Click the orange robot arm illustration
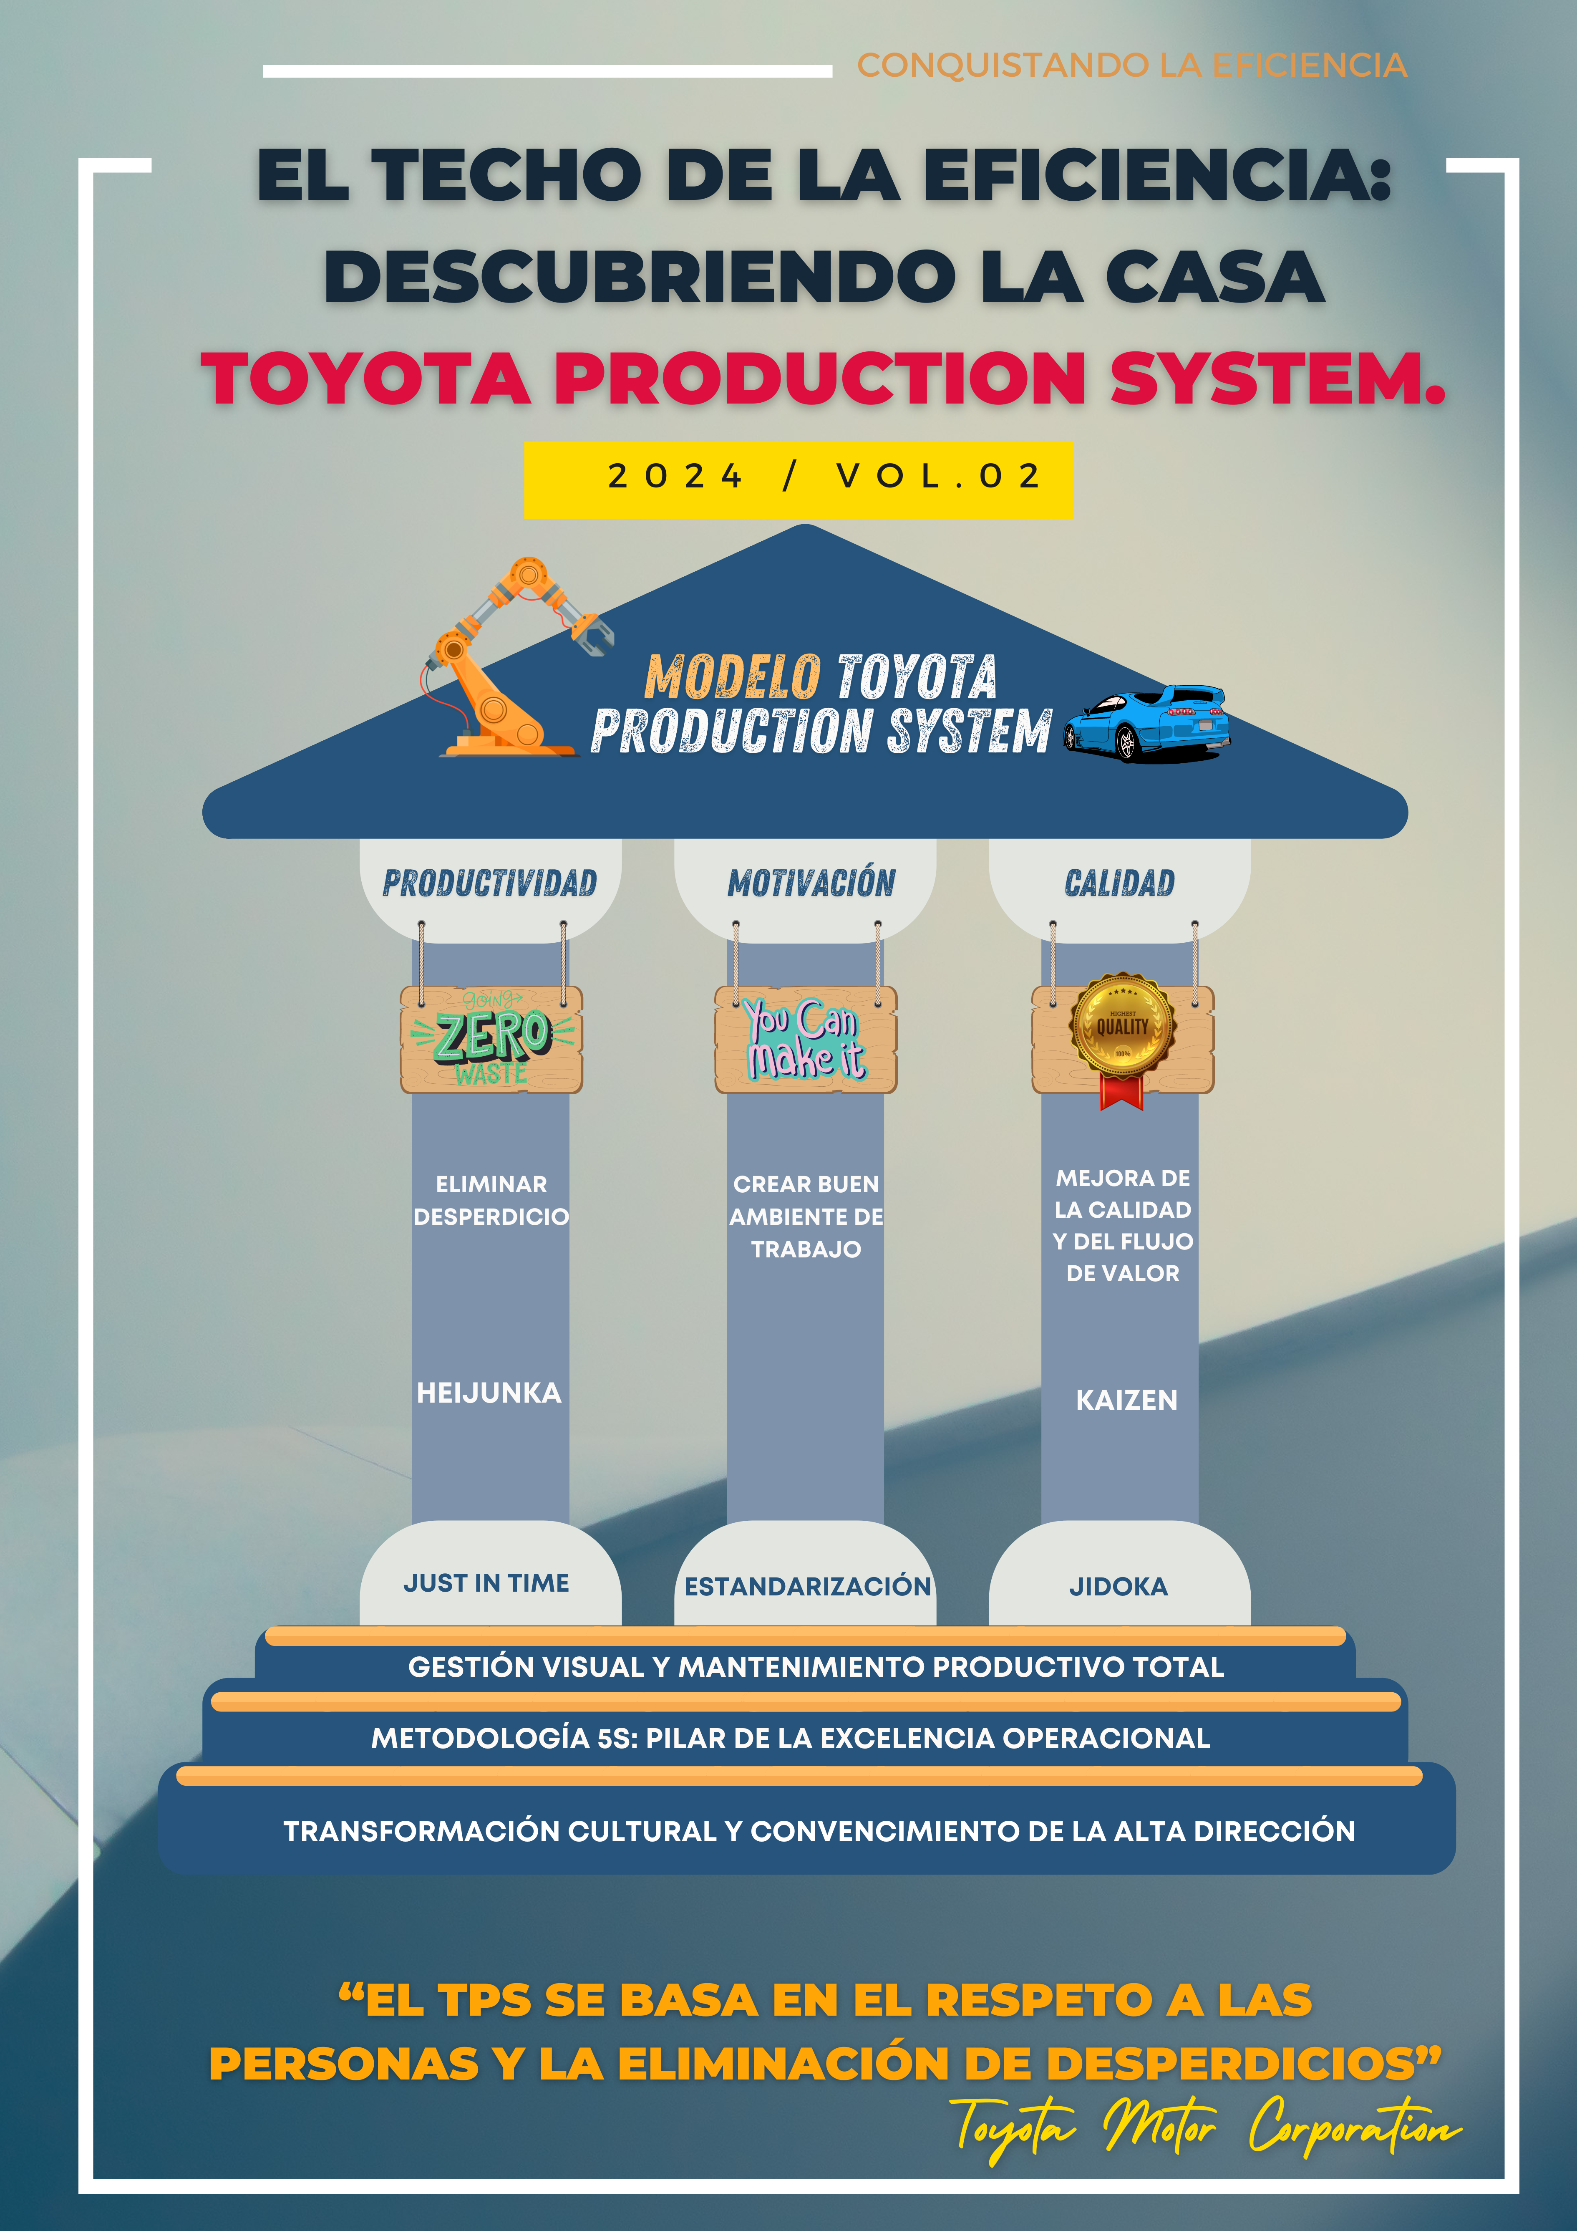click(x=505, y=661)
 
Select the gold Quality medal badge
click(x=1122, y=1025)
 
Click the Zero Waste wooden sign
click(x=491, y=1040)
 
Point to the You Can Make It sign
click(x=806, y=1040)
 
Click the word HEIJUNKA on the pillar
click(x=489, y=1393)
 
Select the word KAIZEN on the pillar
click(x=1126, y=1400)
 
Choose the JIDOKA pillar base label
click(x=1119, y=1587)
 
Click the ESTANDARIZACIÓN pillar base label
click(x=807, y=1587)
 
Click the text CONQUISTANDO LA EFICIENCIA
click(x=1132, y=65)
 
